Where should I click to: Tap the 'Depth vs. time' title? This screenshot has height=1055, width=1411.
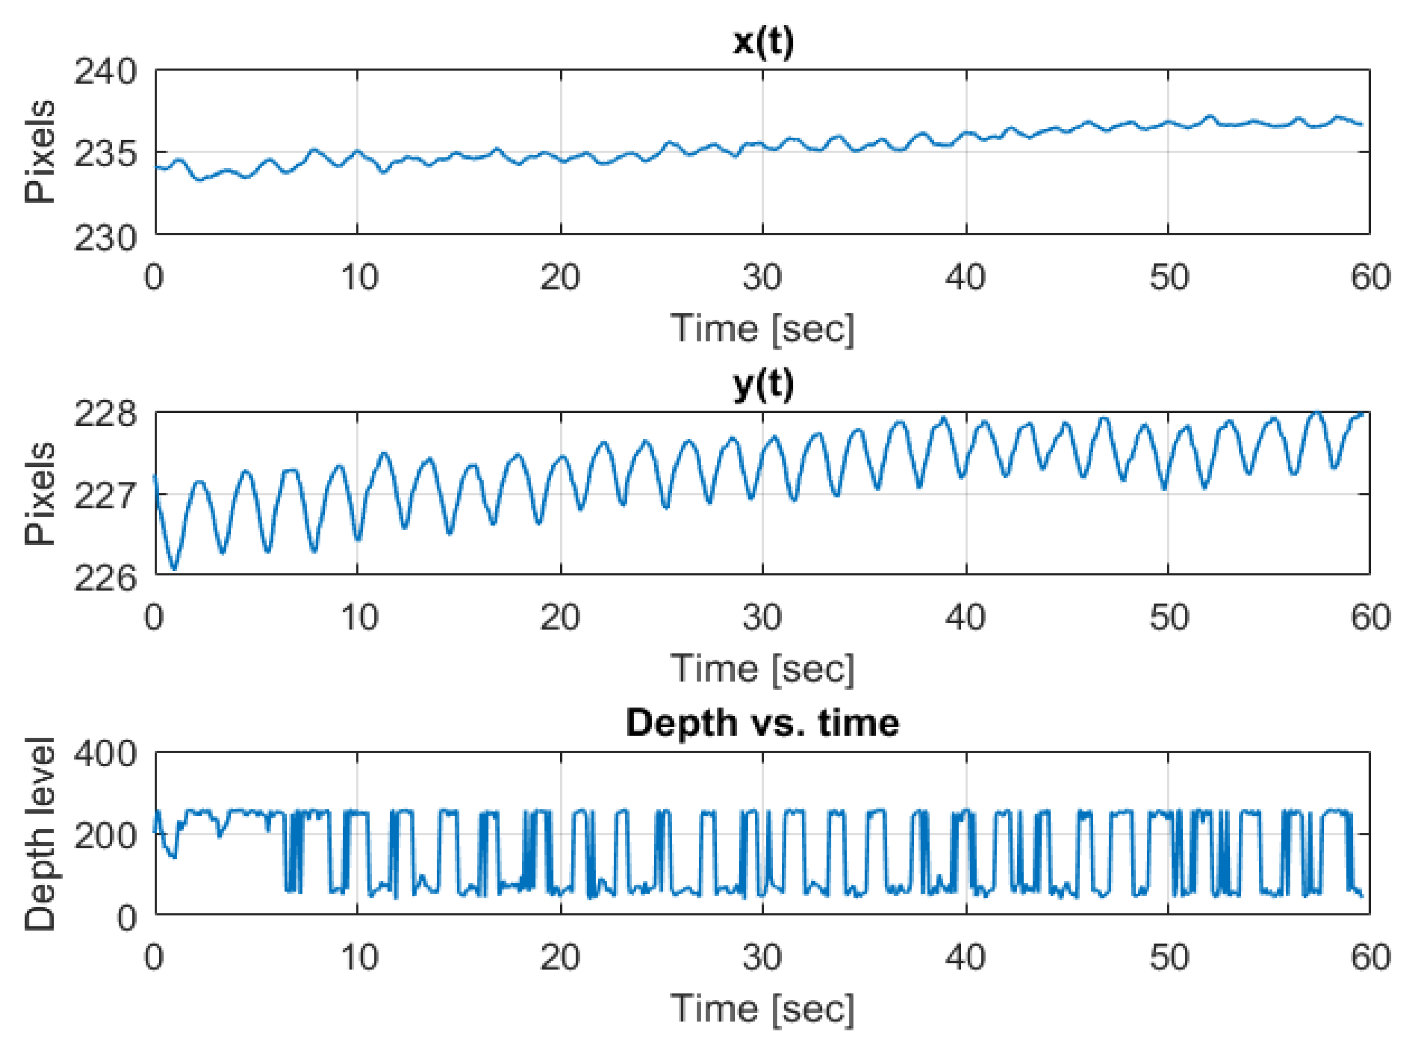pos(762,723)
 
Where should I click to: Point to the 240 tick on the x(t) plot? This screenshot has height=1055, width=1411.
pos(105,72)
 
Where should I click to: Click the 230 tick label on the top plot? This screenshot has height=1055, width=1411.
pos(105,239)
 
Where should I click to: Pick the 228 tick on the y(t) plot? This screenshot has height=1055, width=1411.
pos(105,414)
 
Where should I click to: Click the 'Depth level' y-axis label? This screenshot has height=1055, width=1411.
pos(40,834)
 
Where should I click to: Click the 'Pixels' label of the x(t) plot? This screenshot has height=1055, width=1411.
pos(40,152)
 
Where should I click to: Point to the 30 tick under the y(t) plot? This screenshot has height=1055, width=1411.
pos(762,618)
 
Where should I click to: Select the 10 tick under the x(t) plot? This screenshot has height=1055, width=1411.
pos(359,277)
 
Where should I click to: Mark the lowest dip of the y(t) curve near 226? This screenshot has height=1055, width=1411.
pos(174,568)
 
